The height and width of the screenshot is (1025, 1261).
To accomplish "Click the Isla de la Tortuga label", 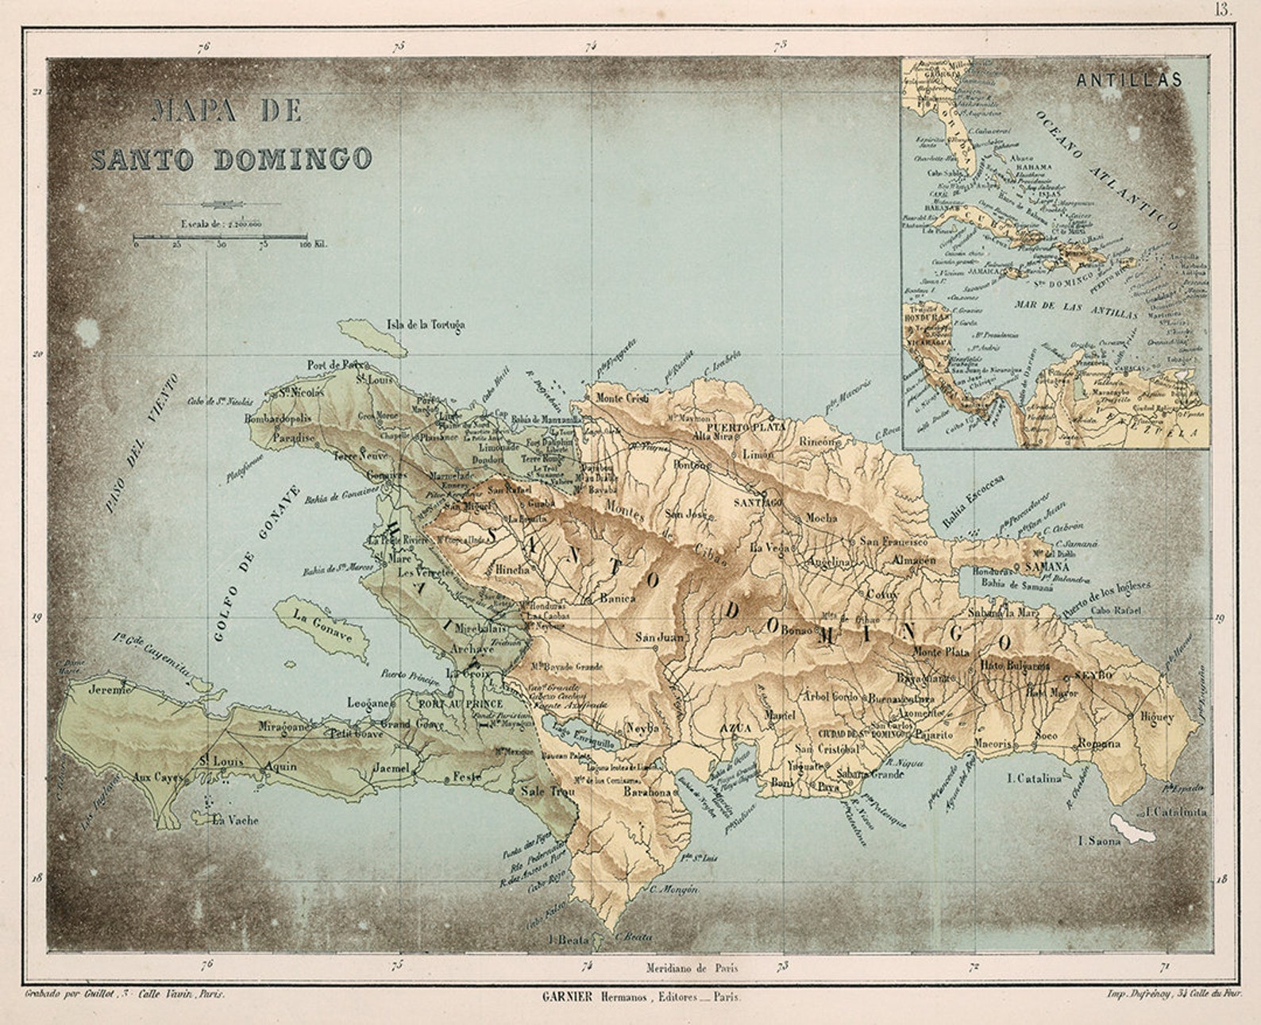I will tap(426, 325).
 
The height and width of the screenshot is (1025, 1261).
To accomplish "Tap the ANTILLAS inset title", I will tap(1128, 80).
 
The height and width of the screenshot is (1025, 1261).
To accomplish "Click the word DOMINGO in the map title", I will tap(293, 159).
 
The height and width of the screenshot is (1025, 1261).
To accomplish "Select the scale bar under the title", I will tap(220, 237).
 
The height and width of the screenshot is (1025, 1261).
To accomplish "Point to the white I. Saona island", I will tap(1132, 827).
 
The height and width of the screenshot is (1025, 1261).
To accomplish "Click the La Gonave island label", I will tap(322, 626).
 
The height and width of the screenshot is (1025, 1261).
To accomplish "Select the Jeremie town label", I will tap(110, 689).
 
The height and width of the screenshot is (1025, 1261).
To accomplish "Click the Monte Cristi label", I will tap(622, 399).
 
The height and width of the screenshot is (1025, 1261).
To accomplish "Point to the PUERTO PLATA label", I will tap(758, 427).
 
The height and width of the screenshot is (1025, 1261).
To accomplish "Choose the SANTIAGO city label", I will tap(757, 503).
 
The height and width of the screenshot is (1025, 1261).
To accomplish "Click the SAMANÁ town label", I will tap(1047, 568).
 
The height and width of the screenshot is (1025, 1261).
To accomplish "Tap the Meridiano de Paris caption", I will tap(692, 968).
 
